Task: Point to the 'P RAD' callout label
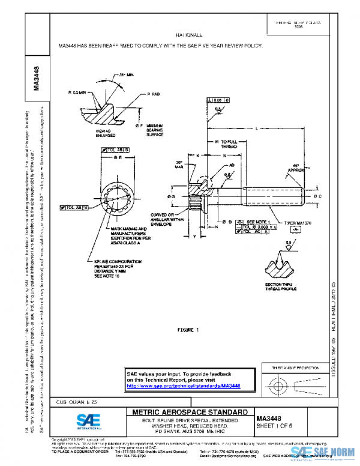[x=153, y=95]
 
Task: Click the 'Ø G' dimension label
[x=172, y=196]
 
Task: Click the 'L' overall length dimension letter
[x=256, y=129]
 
